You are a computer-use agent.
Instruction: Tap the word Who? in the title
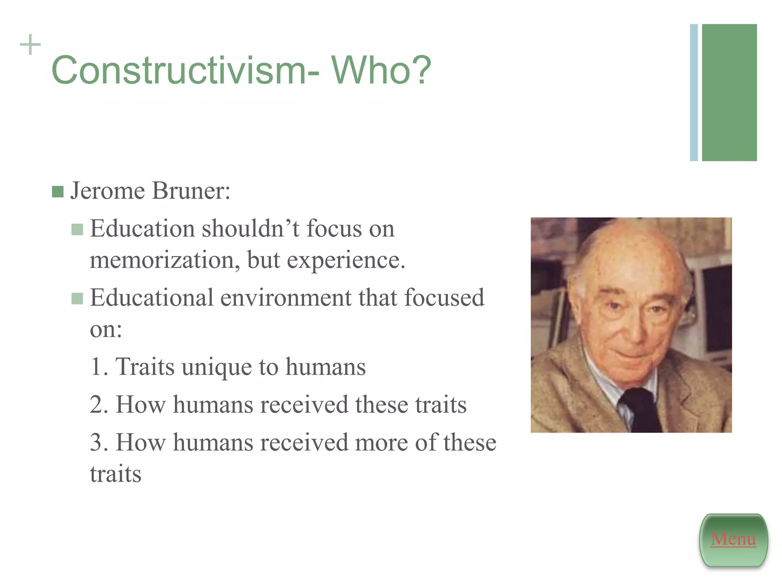381,70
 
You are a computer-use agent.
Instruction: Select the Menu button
733,539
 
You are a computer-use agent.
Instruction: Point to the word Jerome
107,191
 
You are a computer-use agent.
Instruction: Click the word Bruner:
191,191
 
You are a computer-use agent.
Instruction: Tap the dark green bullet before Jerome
58,192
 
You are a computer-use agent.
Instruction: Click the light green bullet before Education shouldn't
77,230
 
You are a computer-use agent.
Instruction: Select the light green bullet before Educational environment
77,298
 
